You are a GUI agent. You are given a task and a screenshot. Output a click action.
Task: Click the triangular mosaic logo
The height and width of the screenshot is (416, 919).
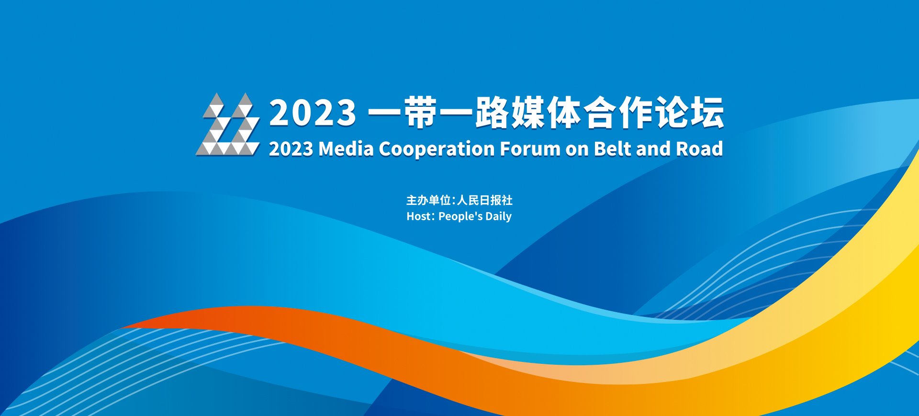pos(228,124)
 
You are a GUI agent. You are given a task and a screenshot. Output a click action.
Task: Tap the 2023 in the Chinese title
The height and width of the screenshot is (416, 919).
pos(313,113)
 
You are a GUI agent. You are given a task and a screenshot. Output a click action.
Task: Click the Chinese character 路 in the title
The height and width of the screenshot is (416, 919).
pos(493,112)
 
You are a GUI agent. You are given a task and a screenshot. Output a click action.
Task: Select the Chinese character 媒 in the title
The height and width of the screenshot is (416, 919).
pos(528,112)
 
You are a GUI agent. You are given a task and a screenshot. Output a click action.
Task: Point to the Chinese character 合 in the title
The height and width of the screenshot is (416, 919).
pos(600,112)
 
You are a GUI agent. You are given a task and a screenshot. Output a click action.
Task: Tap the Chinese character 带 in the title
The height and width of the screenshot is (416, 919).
pos(421,112)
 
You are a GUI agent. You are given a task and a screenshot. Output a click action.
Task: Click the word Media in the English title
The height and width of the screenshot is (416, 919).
pos(346,149)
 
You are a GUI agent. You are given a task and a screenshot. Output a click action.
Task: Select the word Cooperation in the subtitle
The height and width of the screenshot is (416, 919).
pos(437,149)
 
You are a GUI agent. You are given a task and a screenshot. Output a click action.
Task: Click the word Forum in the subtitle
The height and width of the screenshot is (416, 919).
pos(530,149)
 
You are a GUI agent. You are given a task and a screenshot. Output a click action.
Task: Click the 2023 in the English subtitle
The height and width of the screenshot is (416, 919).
pos(291,149)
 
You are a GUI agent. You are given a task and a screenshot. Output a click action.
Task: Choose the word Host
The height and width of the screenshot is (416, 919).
pos(420,216)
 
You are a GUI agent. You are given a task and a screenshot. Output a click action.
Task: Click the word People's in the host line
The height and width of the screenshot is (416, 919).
pos(460,217)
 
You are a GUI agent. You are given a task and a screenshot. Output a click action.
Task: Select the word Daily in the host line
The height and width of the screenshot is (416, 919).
pos(498,217)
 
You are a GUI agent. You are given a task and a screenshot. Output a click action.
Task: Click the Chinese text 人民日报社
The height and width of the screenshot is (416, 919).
pos(485,200)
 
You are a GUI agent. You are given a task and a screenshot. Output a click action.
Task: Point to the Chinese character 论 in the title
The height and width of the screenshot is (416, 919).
pos(672,112)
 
